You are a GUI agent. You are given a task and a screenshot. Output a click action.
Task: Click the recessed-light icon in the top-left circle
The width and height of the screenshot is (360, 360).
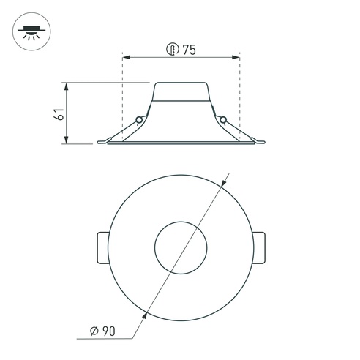31,32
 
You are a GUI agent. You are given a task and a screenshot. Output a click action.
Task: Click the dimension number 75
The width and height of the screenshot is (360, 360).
190,50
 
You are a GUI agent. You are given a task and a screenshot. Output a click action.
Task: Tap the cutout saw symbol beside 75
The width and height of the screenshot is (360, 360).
173,49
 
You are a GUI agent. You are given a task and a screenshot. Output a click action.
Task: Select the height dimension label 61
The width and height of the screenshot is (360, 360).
59,113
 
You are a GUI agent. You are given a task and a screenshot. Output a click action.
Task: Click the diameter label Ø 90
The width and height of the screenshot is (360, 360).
102,331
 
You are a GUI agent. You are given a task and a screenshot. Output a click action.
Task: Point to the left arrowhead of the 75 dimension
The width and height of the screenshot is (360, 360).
126,58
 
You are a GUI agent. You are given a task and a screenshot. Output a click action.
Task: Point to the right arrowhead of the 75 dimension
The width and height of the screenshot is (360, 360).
236,58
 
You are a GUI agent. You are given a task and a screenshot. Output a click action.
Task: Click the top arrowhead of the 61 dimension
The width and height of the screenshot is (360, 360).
67,86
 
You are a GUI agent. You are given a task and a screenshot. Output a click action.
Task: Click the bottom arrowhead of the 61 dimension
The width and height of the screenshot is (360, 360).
67,140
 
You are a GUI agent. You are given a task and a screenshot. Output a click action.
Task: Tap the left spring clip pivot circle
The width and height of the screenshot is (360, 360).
139,120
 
